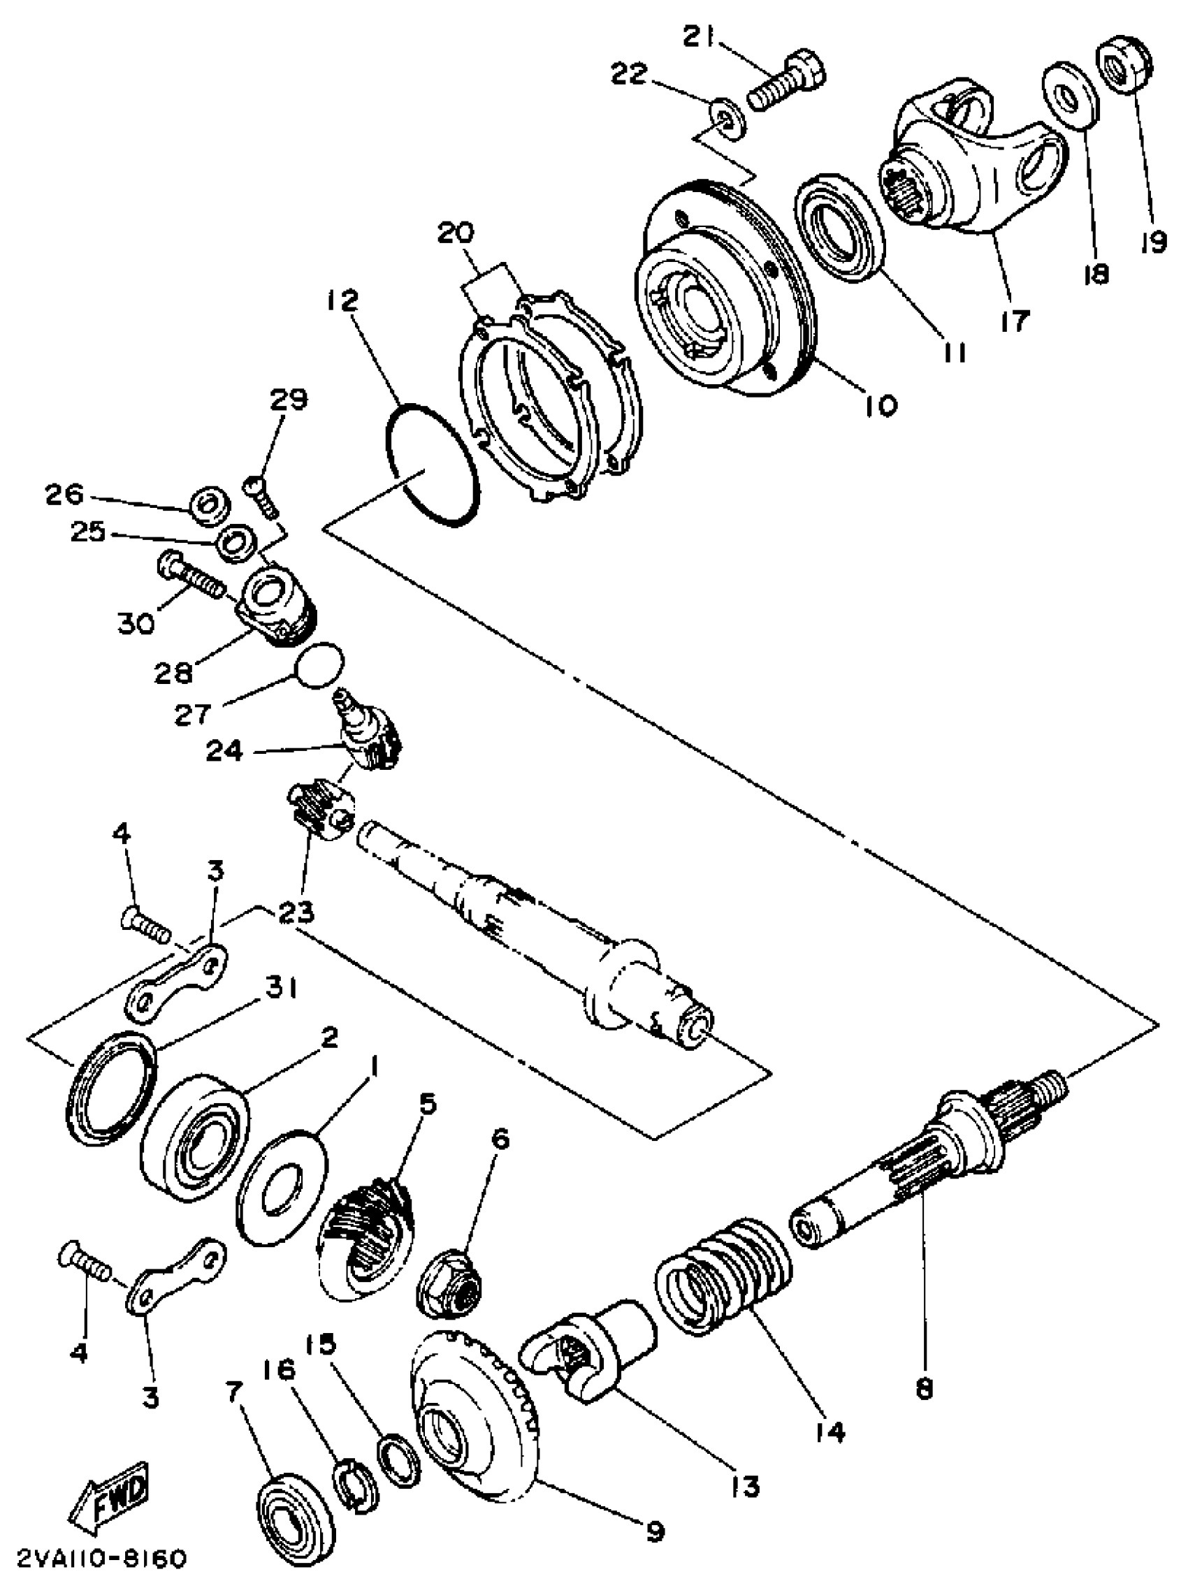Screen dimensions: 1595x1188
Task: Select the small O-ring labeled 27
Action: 320,666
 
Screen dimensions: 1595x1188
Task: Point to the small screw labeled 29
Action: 263,495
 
